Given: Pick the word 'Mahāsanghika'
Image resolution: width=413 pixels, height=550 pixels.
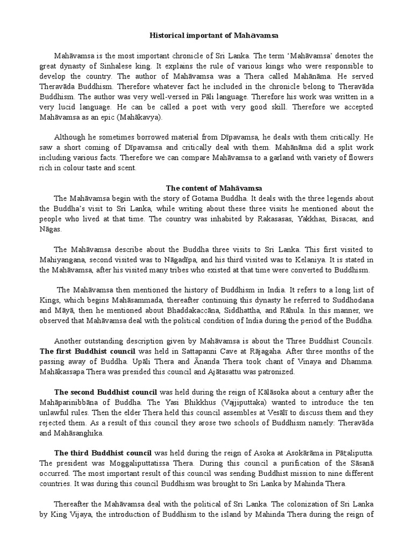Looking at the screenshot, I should click(79, 433).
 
